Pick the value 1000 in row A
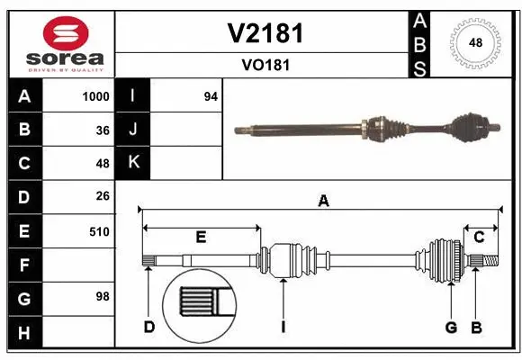coord(95,96)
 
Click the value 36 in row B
coord(102,130)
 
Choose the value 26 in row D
coord(102,196)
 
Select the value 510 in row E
coord(99,231)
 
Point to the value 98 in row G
coord(102,296)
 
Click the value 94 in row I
coord(211,96)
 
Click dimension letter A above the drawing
coord(323,202)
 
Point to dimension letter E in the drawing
coord(201,237)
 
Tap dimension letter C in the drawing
coord(479,237)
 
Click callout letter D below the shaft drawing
coord(149,326)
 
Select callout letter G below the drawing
coord(451,326)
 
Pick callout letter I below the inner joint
coord(282,326)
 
